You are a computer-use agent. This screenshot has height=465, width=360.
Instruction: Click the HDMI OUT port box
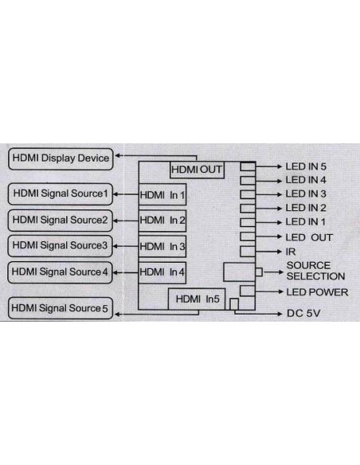196,170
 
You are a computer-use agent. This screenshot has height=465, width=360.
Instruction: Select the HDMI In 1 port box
162,194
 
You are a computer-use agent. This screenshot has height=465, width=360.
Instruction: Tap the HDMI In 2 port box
162,220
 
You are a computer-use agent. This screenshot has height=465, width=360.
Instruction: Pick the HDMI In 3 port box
162,246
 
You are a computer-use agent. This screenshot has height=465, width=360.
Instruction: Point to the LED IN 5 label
307,167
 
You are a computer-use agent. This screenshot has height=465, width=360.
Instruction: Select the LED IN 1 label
307,221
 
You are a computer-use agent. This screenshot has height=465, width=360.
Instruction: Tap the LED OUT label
309,236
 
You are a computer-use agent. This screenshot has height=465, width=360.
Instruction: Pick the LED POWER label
316,292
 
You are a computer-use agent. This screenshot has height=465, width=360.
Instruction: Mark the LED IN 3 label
307,194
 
